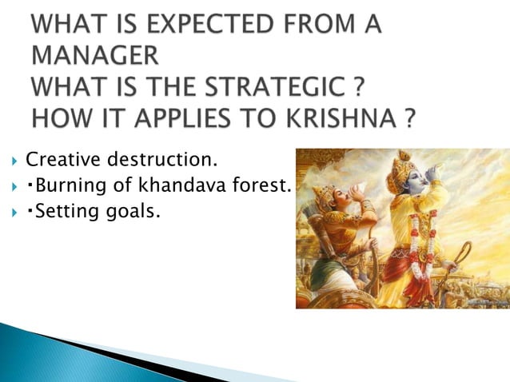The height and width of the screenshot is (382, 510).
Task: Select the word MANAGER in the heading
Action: pyautogui.click(x=94, y=58)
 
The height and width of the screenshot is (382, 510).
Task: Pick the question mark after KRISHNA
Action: pyautogui.click(x=409, y=118)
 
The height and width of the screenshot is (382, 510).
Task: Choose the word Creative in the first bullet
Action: pyautogui.click(x=58, y=163)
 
